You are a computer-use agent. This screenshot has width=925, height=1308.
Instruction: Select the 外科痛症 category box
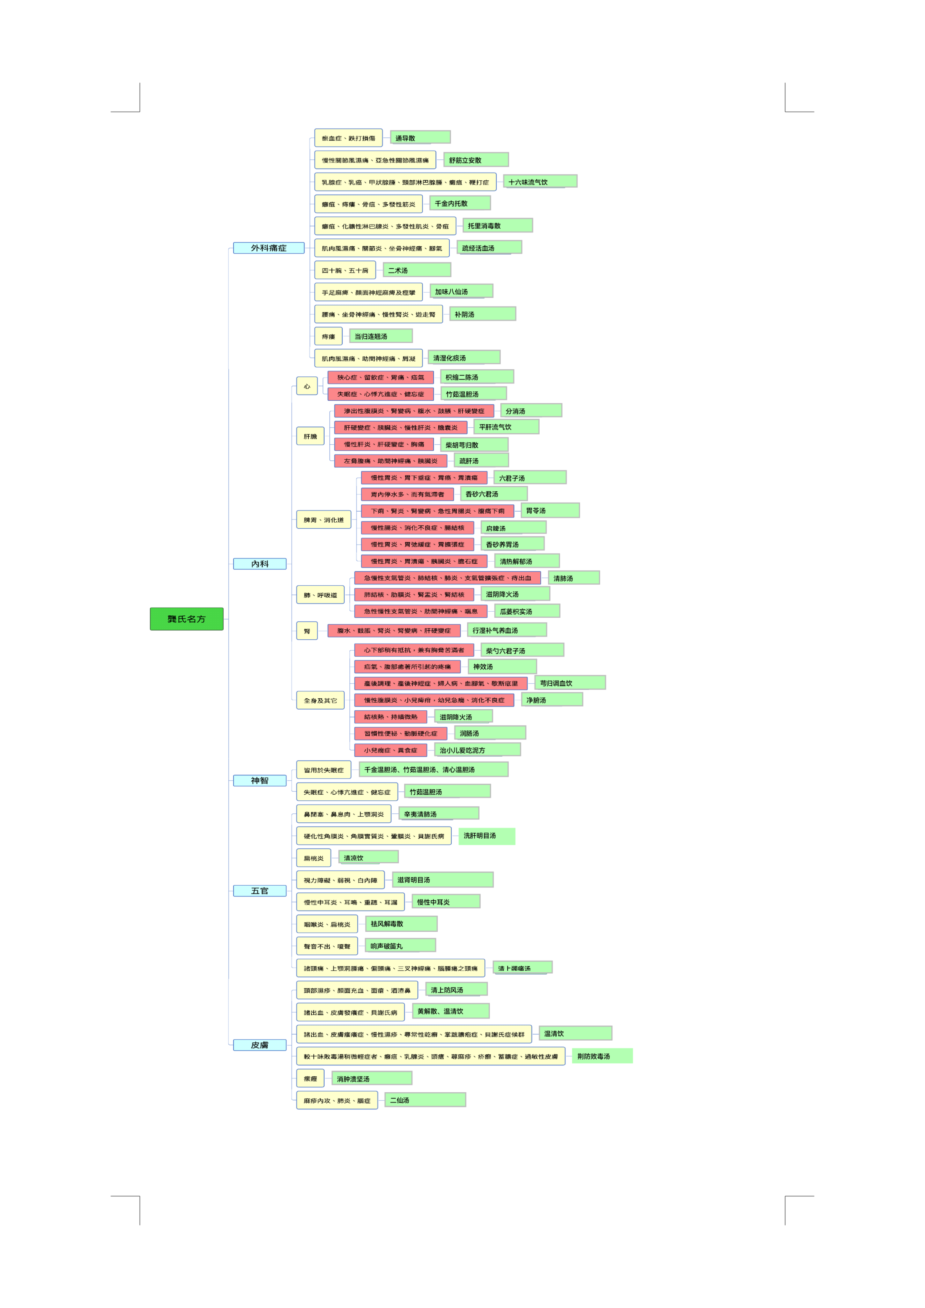268,248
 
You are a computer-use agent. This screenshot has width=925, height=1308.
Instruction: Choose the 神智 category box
260,780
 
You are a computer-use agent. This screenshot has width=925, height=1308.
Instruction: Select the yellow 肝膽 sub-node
310,436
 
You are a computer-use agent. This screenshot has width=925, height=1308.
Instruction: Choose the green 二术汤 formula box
416,270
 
